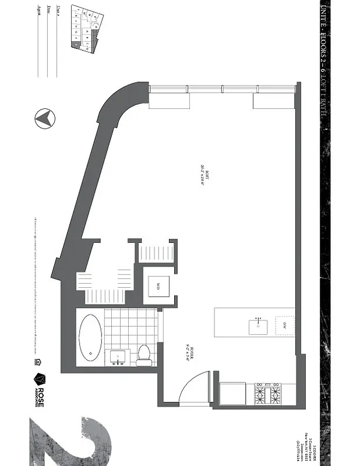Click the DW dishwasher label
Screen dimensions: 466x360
284,325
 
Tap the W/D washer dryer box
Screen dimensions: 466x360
158,286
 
